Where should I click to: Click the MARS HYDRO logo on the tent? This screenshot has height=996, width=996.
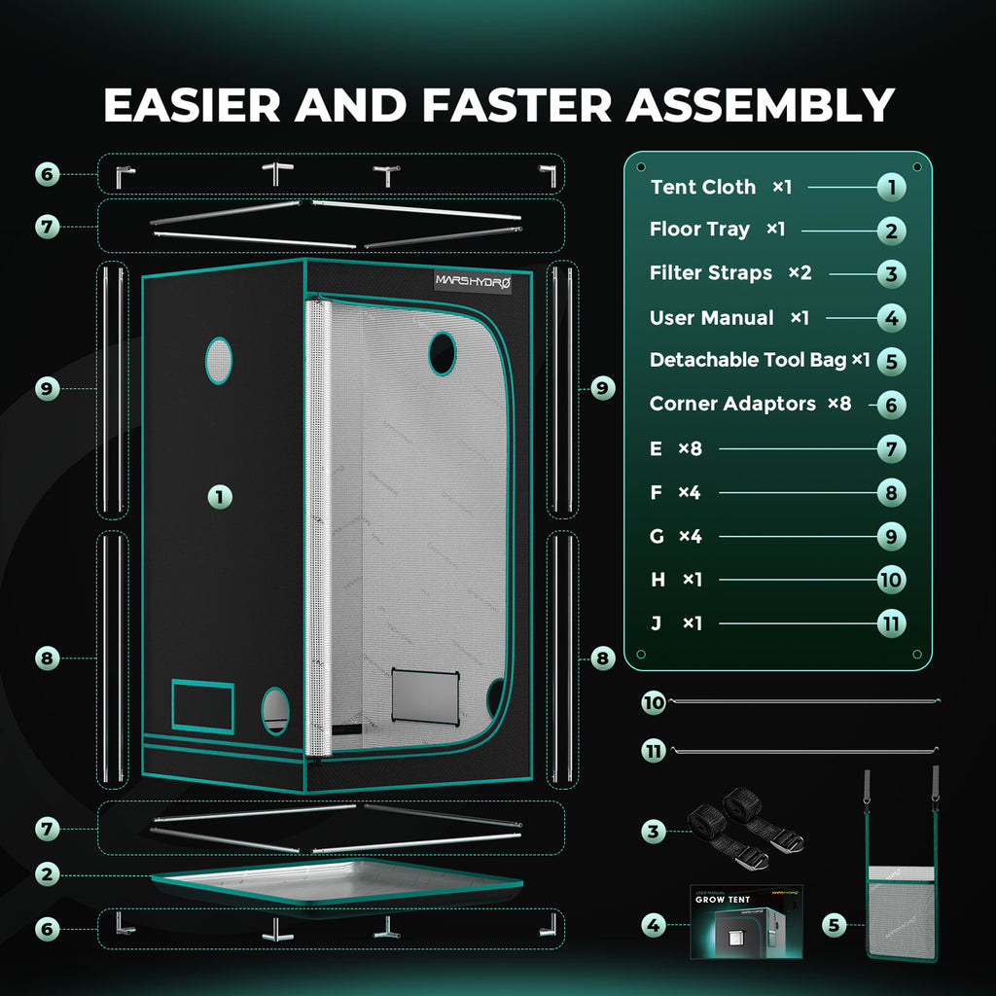[x=473, y=281]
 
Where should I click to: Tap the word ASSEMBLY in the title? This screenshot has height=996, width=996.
[x=761, y=105]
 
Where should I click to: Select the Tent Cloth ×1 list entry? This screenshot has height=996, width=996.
[x=721, y=187]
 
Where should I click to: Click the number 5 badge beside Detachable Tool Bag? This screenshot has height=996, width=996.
[x=891, y=362]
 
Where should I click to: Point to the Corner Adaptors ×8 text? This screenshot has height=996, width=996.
[x=750, y=404]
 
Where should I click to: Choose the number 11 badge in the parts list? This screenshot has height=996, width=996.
[x=891, y=623]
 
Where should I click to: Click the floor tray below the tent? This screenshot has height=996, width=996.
[x=338, y=882]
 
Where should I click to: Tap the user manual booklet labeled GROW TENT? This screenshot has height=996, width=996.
[x=746, y=922]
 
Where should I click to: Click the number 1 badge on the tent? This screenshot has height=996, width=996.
[x=220, y=497]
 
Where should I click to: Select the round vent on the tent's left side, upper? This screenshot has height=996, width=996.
[x=219, y=361]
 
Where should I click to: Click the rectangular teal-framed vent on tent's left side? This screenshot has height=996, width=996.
[x=202, y=706]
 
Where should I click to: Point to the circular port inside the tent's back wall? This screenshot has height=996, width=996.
[x=443, y=353]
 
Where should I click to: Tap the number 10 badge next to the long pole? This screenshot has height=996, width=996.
[x=654, y=702]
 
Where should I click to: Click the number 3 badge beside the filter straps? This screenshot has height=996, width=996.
[x=654, y=831]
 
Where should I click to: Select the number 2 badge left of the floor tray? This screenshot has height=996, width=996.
[x=47, y=874]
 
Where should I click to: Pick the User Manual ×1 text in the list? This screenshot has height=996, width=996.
[x=729, y=318]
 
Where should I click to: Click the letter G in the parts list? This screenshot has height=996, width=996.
[x=657, y=536]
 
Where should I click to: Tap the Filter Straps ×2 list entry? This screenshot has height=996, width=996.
[x=730, y=273]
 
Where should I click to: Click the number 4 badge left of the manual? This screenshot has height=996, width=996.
[x=654, y=925]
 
